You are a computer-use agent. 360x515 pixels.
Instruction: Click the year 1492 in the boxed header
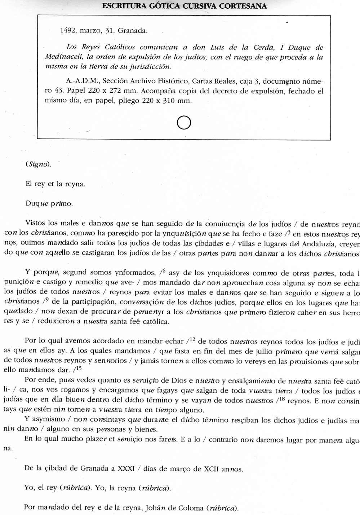point(67,31)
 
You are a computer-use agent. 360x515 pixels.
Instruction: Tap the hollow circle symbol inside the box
point(184,123)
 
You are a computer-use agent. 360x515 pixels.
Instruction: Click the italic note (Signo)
point(39,164)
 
